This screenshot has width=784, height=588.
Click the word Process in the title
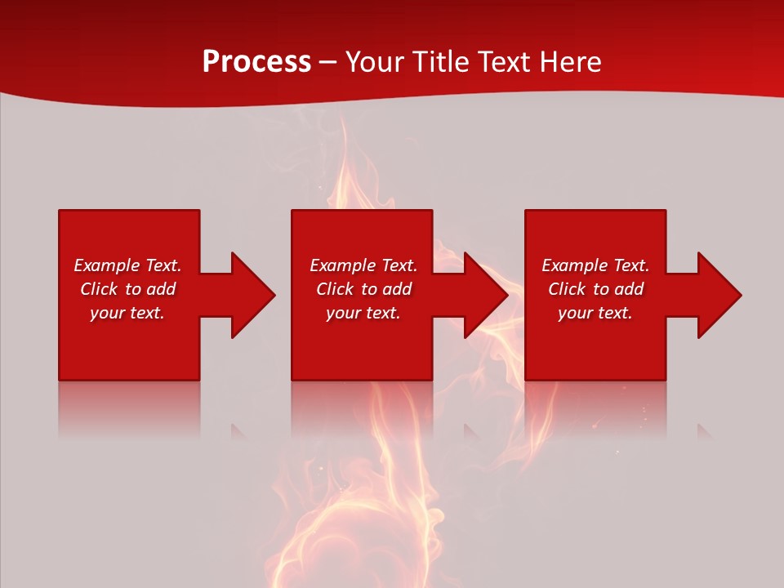pyautogui.click(x=256, y=62)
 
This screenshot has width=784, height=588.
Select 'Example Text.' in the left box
pyautogui.click(x=127, y=265)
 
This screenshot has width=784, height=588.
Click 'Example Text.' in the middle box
pyautogui.click(x=363, y=265)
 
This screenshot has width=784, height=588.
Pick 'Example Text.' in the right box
pyautogui.click(x=595, y=265)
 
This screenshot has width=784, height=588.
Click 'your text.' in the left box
pyautogui.click(x=127, y=313)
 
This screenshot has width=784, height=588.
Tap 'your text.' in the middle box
pyautogui.click(x=363, y=313)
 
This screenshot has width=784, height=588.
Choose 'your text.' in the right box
pyautogui.click(x=595, y=313)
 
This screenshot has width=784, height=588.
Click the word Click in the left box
pyautogui.click(x=99, y=289)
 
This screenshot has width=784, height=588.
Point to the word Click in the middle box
pyautogui.click(x=335, y=289)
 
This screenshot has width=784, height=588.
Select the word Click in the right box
pyautogui.click(x=567, y=289)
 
